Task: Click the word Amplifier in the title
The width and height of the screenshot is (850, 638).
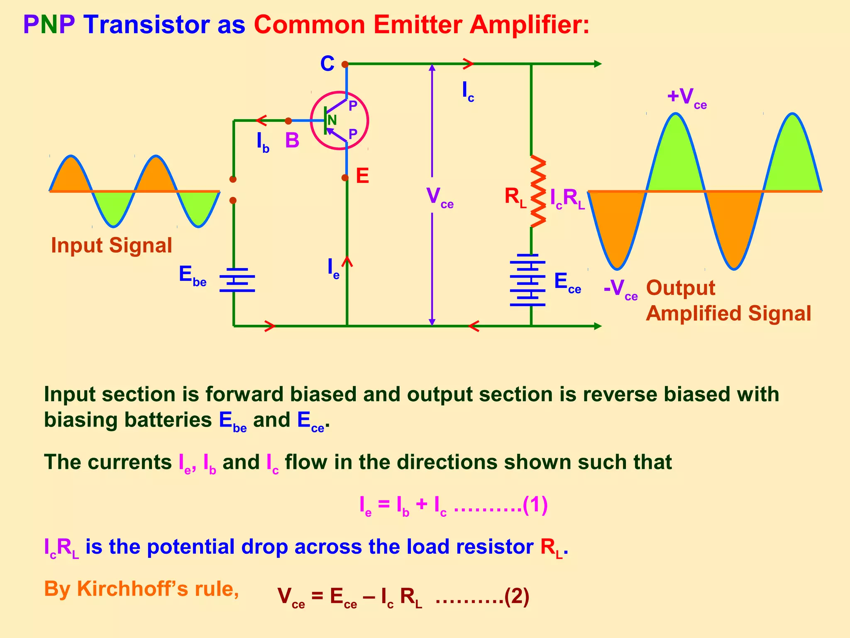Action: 529,25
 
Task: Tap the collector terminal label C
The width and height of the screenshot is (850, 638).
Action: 327,64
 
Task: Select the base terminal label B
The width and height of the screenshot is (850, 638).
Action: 292,140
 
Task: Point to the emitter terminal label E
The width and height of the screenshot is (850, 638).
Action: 362,176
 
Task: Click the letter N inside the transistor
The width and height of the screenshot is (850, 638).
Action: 332,120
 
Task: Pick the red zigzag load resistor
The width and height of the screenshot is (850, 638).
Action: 538,191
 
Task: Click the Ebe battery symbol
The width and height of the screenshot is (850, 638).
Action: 237,280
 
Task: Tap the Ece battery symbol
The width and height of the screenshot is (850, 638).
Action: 528,280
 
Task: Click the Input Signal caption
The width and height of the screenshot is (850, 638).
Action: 111,245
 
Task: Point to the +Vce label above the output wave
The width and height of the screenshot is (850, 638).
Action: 686,98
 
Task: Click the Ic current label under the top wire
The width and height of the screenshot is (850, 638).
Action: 468,91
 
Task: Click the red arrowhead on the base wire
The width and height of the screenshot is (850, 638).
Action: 261,120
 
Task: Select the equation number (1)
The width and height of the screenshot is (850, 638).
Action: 535,505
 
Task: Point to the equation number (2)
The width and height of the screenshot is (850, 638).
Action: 517,597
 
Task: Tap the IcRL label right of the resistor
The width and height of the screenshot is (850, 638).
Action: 567,198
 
